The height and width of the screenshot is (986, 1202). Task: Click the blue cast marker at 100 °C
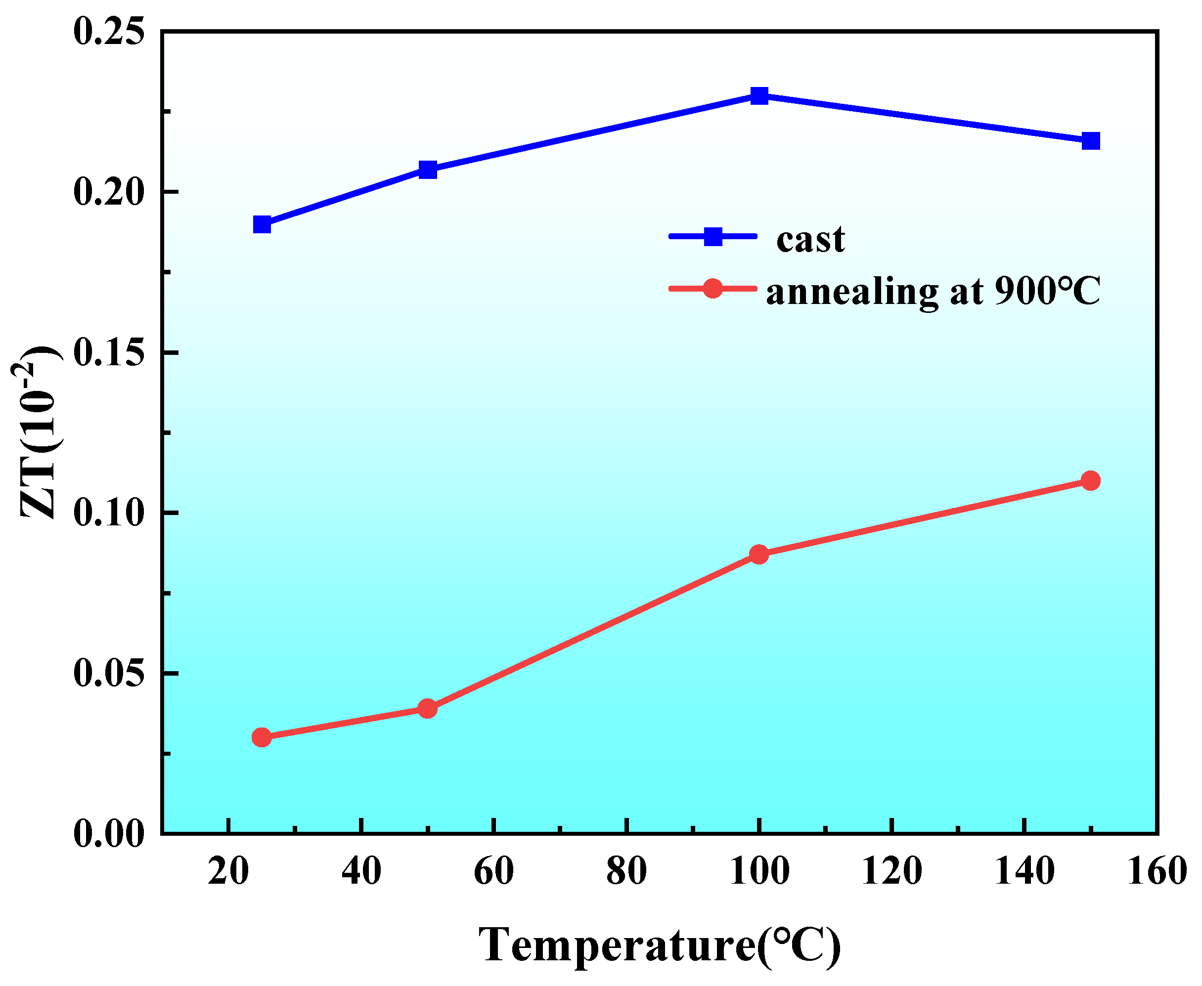click(759, 95)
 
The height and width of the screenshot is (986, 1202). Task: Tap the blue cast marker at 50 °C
click(428, 169)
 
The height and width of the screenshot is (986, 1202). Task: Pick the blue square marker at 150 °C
click(1091, 141)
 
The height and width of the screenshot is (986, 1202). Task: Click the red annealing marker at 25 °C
click(261, 738)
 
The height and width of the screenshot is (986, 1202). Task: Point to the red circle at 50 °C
click(428, 709)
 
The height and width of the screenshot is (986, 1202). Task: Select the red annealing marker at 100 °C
click(759, 555)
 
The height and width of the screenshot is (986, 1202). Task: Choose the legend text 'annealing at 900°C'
click(933, 292)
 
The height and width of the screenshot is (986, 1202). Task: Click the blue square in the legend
click(713, 236)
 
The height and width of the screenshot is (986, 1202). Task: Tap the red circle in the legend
click(712, 289)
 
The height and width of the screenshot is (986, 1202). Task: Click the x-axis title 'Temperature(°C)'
click(659, 945)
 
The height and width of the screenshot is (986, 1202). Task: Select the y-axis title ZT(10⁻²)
click(38, 431)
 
